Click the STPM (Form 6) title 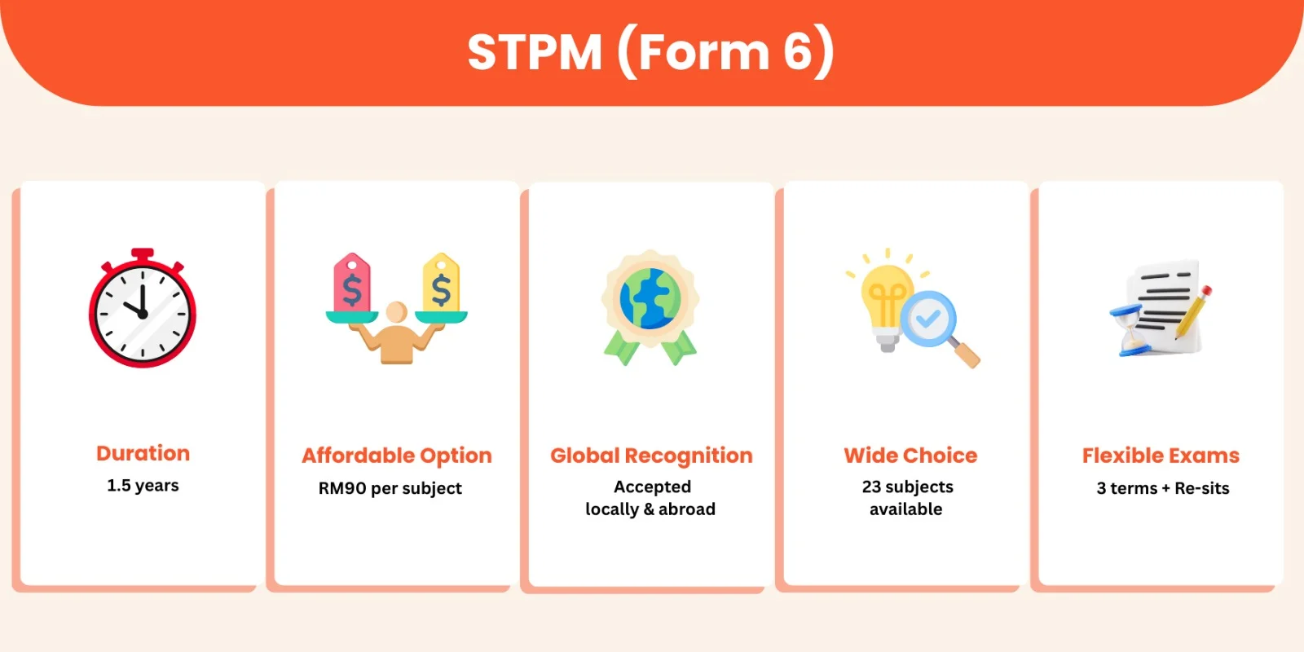click(x=651, y=53)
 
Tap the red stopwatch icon click(x=143, y=308)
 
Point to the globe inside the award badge click(x=650, y=298)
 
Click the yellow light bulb click(x=885, y=306)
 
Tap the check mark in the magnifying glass click(x=927, y=318)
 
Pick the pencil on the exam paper click(x=1193, y=311)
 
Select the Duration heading click(x=143, y=453)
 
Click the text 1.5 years click(x=143, y=486)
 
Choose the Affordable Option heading click(x=397, y=456)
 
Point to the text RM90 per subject click(x=390, y=488)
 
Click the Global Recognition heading click(x=651, y=456)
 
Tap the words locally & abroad click(x=650, y=509)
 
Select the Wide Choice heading click(x=910, y=456)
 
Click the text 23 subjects click(x=908, y=487)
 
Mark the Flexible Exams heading click(x=1161, y=456)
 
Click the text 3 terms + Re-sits click(x=1163, y=488)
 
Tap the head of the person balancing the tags click(x=396, y=312)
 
